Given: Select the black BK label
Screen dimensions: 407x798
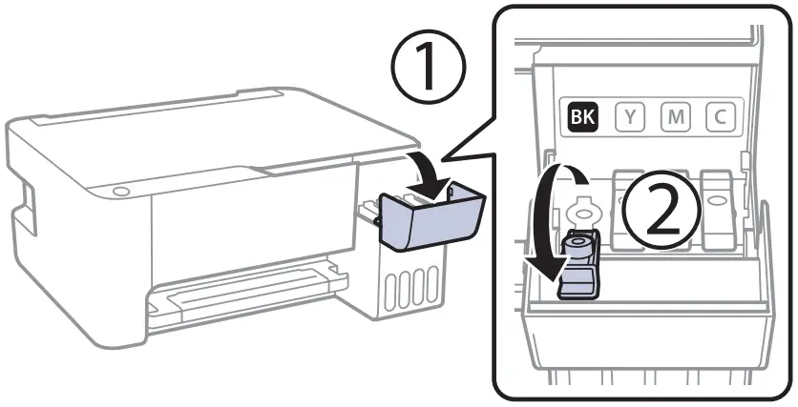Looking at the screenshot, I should click(x=580, y=117).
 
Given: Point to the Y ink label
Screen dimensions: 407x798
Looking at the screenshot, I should click(x=630, y=117).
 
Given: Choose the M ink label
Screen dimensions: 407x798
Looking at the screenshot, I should click(x=676, y=117).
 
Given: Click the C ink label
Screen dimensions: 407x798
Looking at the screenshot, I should click(x=721, y=117).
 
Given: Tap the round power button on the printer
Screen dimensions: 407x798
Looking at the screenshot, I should click(x=119, y=193).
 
